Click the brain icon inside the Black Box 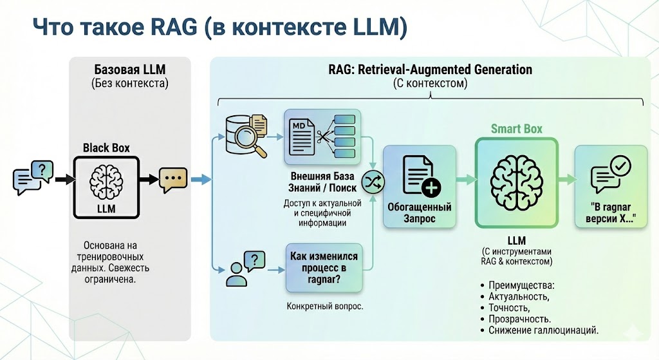106,182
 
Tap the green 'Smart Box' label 517,129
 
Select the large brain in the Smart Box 517,183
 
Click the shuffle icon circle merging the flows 373,182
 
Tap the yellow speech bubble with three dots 173,180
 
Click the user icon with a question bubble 245,269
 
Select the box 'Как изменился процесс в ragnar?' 324,267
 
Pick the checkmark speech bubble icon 611,174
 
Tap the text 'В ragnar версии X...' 611,213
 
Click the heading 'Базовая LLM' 130,70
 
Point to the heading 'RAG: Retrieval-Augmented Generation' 431,70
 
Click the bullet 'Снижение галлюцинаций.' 543,330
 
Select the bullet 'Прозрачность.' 519,319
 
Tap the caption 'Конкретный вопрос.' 325,306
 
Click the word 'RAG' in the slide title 174,27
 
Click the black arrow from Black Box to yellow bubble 149,180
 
